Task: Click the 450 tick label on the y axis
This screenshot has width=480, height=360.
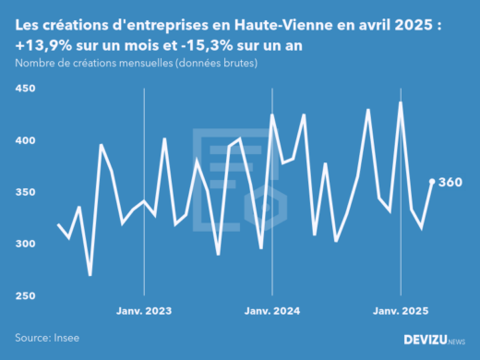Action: (x=24, y=89)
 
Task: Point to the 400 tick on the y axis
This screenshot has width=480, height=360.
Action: (x=24, y=140)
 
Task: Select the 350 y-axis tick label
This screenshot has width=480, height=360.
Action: (x=24, y=192)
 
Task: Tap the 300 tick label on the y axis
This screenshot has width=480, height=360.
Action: (x=24, y=244)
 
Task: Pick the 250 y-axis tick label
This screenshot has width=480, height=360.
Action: (x=24, y=295)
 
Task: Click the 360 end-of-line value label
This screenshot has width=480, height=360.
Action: (x=450, y=182)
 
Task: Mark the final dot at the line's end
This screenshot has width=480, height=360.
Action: (x=432, y=182)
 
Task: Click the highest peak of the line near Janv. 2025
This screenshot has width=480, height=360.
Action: (x=401, y=102)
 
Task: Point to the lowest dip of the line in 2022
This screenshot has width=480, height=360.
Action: (x=90, y=274)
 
